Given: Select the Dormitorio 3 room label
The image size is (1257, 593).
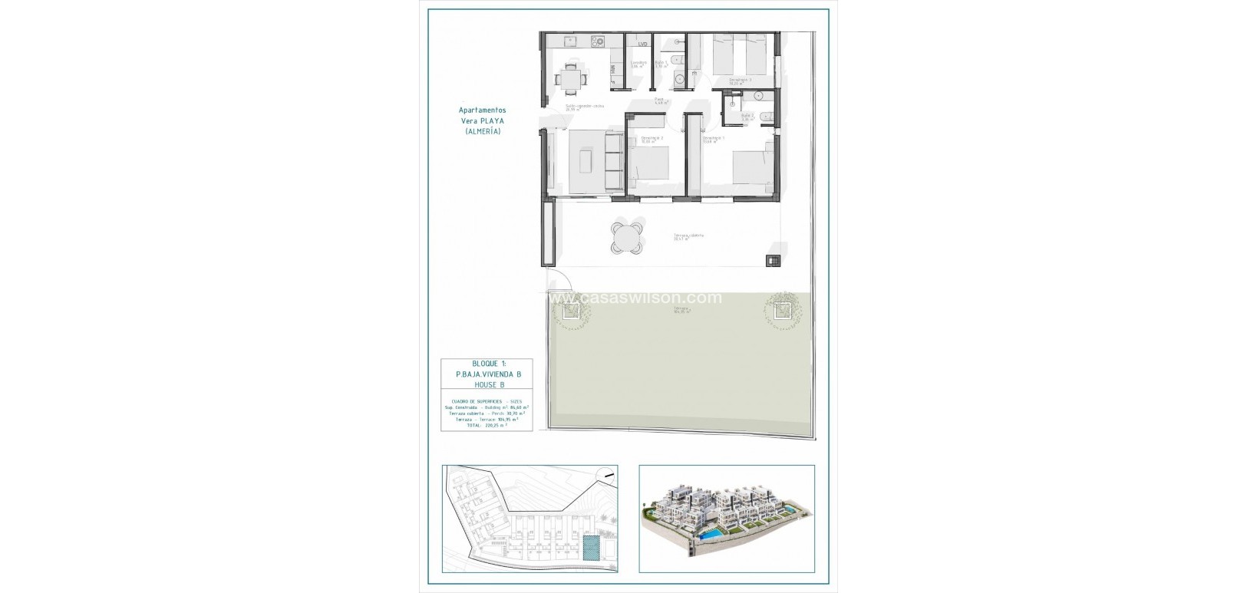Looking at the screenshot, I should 739,80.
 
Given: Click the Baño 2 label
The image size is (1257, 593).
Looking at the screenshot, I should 747,115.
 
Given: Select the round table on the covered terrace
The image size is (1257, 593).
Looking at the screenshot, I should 628,236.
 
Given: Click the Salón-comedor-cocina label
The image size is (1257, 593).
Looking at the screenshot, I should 584,106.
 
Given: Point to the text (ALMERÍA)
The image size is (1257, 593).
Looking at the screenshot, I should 482,131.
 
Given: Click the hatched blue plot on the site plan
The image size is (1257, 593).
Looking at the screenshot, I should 591,548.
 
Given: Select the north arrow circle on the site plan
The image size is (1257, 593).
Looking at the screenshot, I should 606,476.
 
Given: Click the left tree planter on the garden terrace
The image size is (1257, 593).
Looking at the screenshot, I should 569,310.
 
